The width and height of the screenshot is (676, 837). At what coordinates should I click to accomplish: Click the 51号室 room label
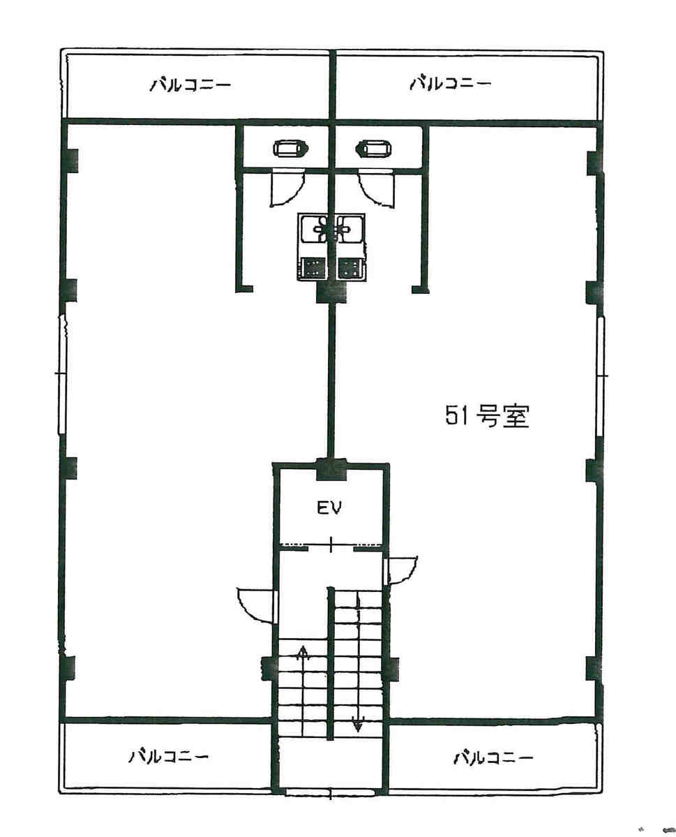[486, 416]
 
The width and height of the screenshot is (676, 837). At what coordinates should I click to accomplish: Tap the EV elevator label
[329, 508]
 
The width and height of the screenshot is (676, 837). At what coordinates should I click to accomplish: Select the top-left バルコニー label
[190, 85]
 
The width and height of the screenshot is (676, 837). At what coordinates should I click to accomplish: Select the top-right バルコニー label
[450, 84]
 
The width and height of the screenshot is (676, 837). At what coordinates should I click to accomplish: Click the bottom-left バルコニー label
[168, 757]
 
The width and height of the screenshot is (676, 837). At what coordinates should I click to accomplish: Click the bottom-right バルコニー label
[493, 757]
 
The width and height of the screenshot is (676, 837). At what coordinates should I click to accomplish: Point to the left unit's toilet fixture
[290, 148]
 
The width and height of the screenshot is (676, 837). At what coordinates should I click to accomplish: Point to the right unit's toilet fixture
[375, 148]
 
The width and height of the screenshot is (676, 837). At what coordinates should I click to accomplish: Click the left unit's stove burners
[313, 268]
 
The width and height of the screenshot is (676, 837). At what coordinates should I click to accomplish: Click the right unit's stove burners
[350, 268]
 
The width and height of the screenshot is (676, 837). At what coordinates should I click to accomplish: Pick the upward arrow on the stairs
[303, 660]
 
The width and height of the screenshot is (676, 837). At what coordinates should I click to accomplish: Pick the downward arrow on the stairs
[357, 717]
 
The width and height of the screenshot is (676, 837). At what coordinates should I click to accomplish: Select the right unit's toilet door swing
[377, 189]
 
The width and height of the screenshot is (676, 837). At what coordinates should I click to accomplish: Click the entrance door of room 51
[400, 570]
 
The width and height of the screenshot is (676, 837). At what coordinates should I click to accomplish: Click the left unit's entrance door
[257, 605]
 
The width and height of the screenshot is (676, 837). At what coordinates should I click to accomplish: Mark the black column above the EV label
[331, 469]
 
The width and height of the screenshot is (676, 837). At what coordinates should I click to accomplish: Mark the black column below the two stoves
[331, 292]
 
